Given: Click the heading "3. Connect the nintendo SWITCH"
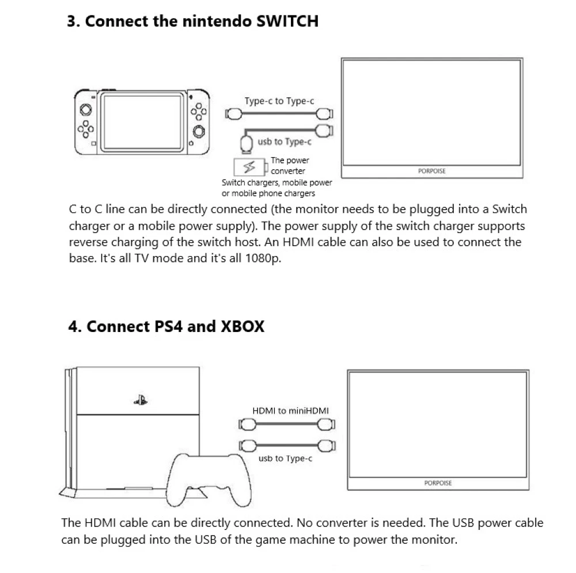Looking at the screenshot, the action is (193, 22).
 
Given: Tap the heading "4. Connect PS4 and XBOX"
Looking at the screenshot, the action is (166, 326).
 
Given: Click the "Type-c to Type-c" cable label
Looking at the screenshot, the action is (279, 101).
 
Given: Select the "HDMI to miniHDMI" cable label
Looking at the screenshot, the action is (291, 411).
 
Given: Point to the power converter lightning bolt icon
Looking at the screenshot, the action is (249, 167).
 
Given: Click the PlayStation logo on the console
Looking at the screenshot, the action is (139, 401).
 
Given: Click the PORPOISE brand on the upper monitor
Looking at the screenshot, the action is (431, 171).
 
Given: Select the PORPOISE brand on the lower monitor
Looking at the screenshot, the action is (438, 483).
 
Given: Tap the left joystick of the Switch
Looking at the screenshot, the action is (85, 108).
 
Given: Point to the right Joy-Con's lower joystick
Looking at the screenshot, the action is (199, 131).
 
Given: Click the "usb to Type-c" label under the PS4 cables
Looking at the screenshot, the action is (286, 459).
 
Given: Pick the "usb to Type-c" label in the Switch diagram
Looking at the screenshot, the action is (285, 142).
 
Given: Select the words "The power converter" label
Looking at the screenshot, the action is (289, 166).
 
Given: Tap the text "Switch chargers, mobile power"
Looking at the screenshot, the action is (276, 183).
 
